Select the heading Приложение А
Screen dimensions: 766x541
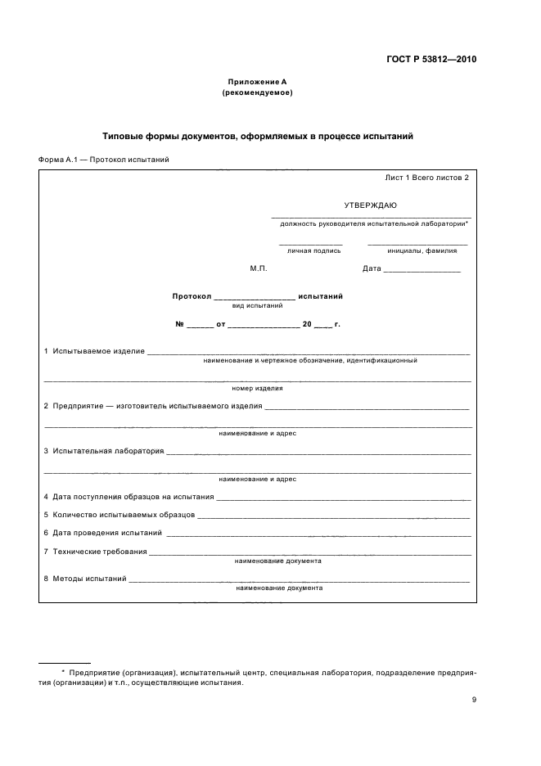257,82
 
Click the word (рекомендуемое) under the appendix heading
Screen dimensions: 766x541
257,92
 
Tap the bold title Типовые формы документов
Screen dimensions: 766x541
257,137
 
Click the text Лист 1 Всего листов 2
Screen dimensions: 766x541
426,178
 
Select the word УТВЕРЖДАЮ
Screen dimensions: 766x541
371,205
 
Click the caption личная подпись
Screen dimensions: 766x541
310,251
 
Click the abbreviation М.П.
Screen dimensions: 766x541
259,268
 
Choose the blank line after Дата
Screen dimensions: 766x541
422,269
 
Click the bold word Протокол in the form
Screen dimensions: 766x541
192,295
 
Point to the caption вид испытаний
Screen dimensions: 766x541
258,305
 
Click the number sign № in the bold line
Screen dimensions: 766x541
180,324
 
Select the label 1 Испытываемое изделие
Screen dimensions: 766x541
94,351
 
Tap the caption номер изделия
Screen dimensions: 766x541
257,388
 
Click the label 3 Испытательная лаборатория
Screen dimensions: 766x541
103,451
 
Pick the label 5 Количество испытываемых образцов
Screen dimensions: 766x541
119,515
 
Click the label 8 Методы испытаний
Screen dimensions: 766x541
84,579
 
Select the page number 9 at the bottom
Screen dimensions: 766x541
474,699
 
